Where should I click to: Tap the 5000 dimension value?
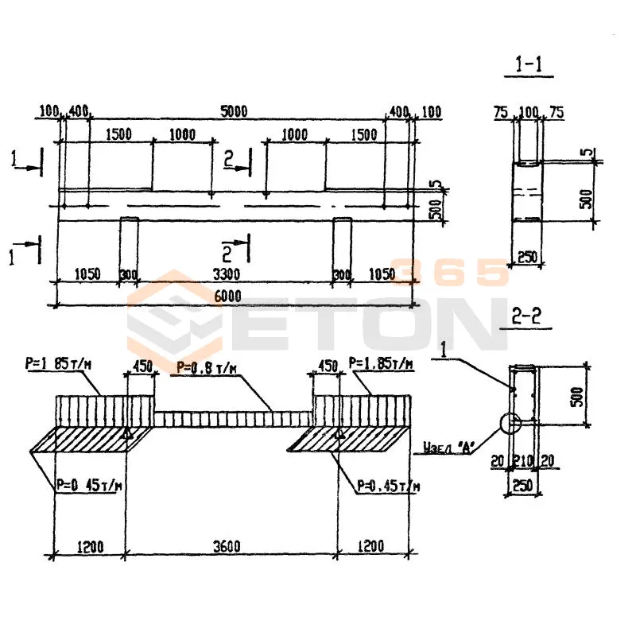point(235,111)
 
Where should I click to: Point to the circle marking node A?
point(510,421)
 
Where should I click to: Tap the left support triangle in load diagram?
point(126,434)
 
